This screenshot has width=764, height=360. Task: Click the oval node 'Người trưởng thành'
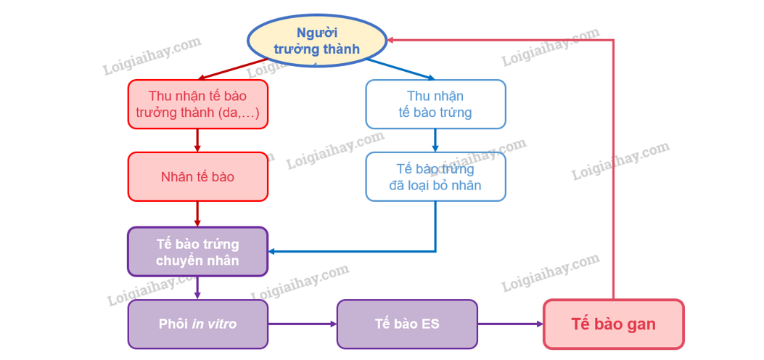(x=317, y=41)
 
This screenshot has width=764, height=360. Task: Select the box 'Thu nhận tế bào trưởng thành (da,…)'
(x=198, y=105)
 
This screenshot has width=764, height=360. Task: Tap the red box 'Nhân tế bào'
(x=198, y=176)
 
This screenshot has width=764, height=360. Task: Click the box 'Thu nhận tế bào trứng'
(x=435, y=105)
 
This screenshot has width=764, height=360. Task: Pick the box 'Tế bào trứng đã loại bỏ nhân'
(x=435, y=176)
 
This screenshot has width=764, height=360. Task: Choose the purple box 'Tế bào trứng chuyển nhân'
(x=198, y=251)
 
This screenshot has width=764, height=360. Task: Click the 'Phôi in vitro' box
(x=198, y=324)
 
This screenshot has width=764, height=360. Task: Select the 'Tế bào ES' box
(x=407, y=324)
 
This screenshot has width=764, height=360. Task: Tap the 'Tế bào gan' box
(x=613, y=324)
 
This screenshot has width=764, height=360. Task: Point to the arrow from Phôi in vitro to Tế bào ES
(x=302, y=324)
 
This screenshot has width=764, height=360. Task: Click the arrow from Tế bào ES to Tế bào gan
(x=511, y=324)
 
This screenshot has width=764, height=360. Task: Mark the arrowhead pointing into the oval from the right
(x=391, y=41)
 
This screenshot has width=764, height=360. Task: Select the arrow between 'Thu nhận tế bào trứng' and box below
(x=435, y=140)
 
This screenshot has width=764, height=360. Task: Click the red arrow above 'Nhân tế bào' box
(x=198, y=140)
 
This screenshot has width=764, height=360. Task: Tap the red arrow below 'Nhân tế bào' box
(x=198, y=213)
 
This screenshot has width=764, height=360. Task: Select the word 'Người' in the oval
(x=317, y=32)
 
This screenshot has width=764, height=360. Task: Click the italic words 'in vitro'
(x=214, y=324)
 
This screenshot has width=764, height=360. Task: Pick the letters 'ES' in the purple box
(x=430, y=324)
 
